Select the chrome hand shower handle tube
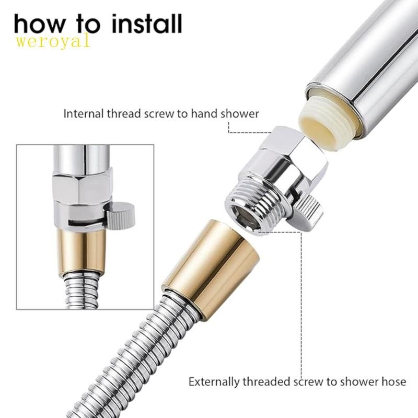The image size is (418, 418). [x=366, y=63]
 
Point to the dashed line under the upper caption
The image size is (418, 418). [x=246, y=132]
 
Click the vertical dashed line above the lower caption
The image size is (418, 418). [x=301, y=313]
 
